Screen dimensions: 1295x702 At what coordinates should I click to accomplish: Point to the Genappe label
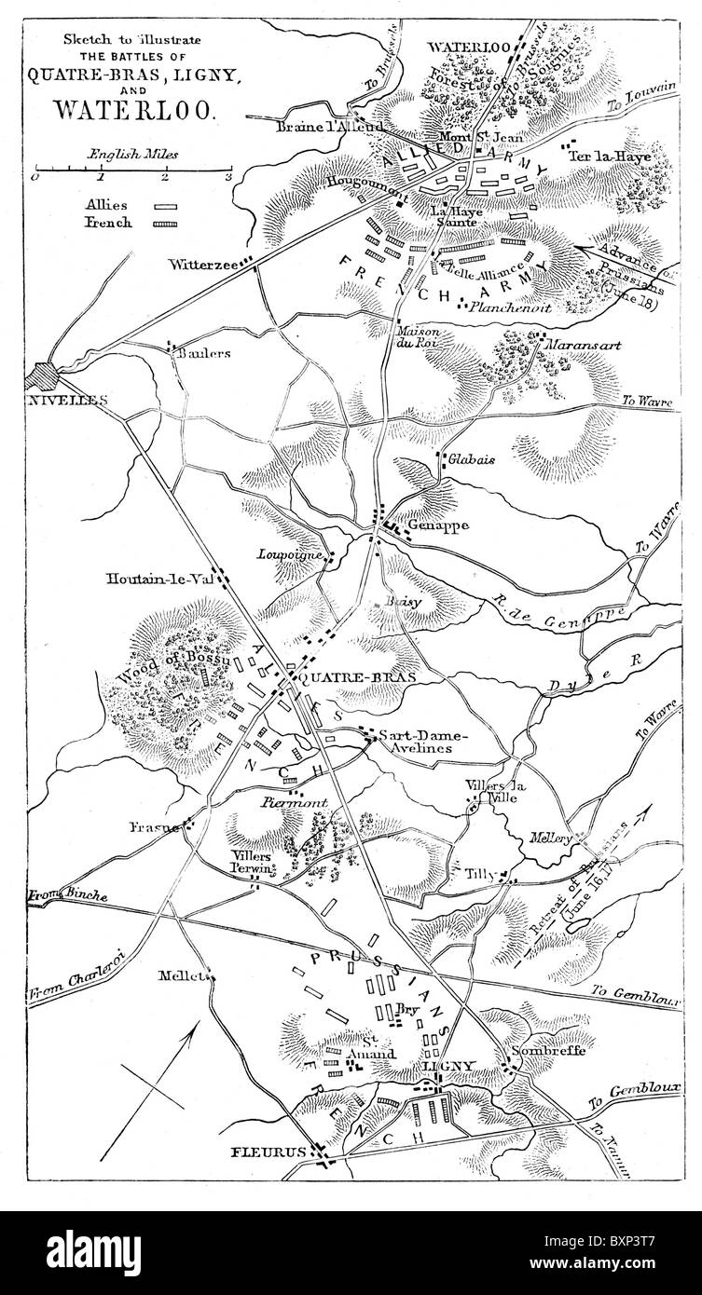[434, 525]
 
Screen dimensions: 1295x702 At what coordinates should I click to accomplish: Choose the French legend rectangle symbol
[167, 224]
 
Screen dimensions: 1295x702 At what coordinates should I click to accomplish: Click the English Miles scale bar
[131, 170]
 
